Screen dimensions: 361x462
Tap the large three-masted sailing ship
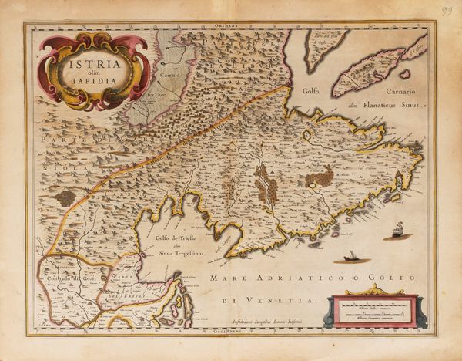point(397,230)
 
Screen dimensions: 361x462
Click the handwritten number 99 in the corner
point(445,9)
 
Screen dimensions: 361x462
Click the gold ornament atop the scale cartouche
point(373,290)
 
